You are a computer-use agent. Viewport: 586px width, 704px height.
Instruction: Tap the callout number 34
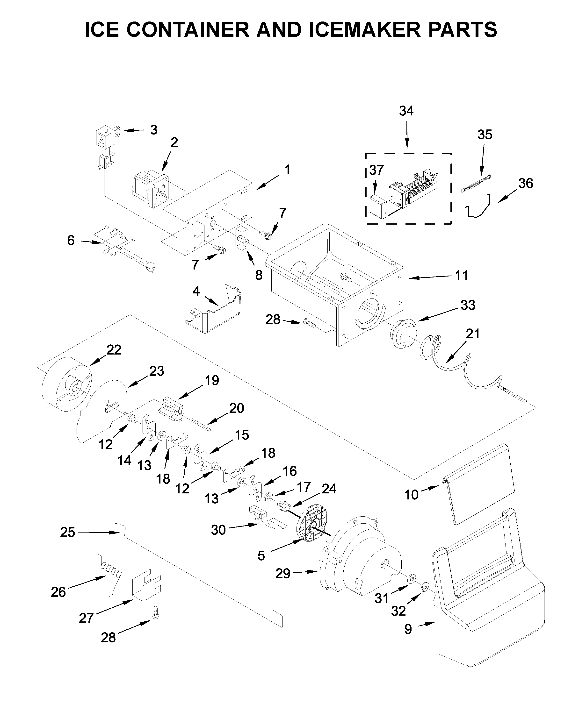(x=406, y=111)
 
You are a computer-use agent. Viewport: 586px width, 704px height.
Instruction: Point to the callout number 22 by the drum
(x=114, y=350)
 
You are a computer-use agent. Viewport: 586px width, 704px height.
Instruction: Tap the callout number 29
(x=283, y=574)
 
